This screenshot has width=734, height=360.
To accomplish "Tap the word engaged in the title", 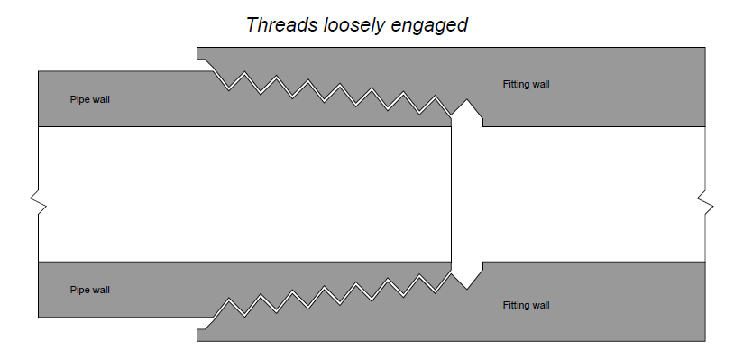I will (429, 25).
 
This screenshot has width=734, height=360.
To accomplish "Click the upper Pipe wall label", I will (89, 99).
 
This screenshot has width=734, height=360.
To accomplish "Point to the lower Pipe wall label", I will (89, 290).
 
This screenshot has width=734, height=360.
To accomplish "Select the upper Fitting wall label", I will (526, 85).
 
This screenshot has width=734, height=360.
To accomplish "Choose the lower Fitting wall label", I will (526, 305).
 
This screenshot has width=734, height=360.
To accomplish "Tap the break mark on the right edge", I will (705, 202).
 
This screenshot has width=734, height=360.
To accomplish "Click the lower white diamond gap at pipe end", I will (466, 272).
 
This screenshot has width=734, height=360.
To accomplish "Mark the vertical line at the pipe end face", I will (452, 194).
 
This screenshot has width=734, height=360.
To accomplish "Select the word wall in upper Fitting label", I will (540, 85).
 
